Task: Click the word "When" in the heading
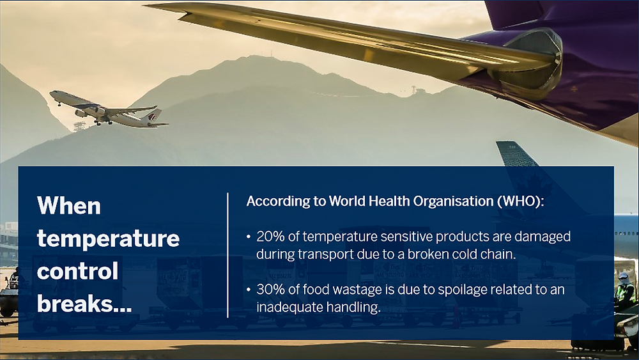(x=69, y=206)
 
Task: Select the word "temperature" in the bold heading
(x=108, y=239)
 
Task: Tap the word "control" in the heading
(x=78, y=270)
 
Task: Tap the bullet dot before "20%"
(x=249, y=237)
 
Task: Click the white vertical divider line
(x=228, y=254)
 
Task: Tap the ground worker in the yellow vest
(x=624, y=291)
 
